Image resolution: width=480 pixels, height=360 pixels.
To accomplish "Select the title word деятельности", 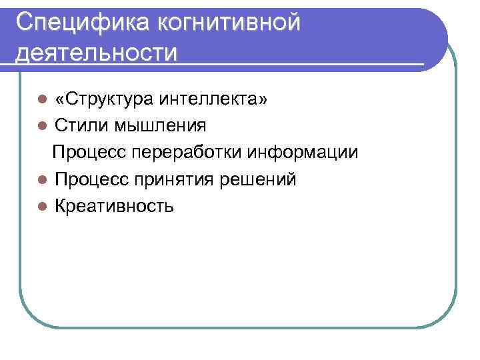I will coord(97,52).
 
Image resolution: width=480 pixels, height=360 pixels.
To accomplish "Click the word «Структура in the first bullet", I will coord(105,99).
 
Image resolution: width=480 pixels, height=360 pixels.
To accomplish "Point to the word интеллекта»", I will coord(213,99).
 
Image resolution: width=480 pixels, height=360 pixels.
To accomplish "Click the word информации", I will coord(303,153).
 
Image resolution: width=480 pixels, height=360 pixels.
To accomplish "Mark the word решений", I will coord(264,179).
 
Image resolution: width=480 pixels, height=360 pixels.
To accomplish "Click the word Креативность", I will coord(114,206).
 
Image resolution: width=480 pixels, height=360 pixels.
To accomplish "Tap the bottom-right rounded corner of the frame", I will coord(447,317).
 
